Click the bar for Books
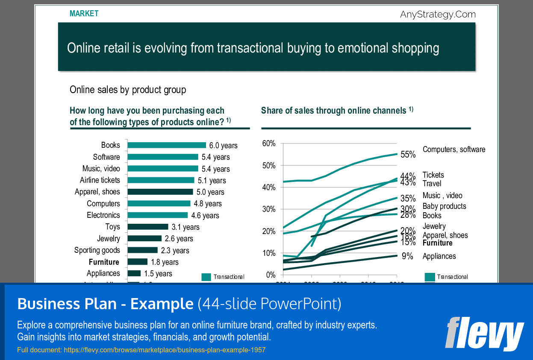167,145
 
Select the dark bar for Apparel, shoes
160,192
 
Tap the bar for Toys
148,227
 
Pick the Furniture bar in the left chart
137,262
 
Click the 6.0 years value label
223,146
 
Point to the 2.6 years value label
179,239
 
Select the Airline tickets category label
100,180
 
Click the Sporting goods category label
97,250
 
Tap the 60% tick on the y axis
268,143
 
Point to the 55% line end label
408,155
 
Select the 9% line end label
407,256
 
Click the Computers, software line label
454,149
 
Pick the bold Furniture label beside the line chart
437,243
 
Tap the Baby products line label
444,206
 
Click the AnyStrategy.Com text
438,15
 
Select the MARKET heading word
84,14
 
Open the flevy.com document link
165,350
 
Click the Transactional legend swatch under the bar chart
206,277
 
